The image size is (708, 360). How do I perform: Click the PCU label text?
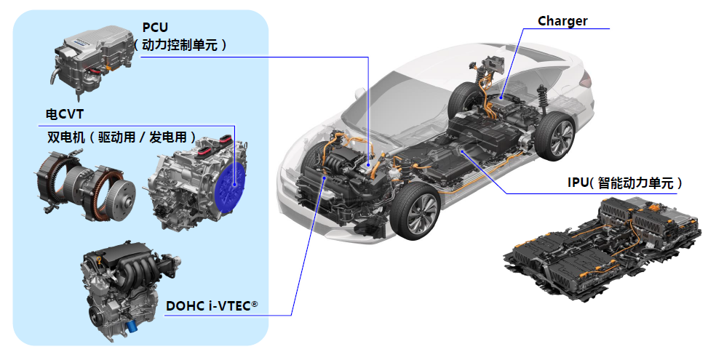(155, 28)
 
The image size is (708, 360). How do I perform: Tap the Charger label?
(562, 21)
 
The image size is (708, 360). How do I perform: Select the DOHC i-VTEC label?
(212, 306)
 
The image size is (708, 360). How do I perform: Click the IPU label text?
(625, 183)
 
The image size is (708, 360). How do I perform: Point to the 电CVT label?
(65, 113)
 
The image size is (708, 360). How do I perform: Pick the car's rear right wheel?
(556, 136)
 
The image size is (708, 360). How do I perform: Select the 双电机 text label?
(66, 137)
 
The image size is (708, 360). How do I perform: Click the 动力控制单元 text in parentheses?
(180, 44)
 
